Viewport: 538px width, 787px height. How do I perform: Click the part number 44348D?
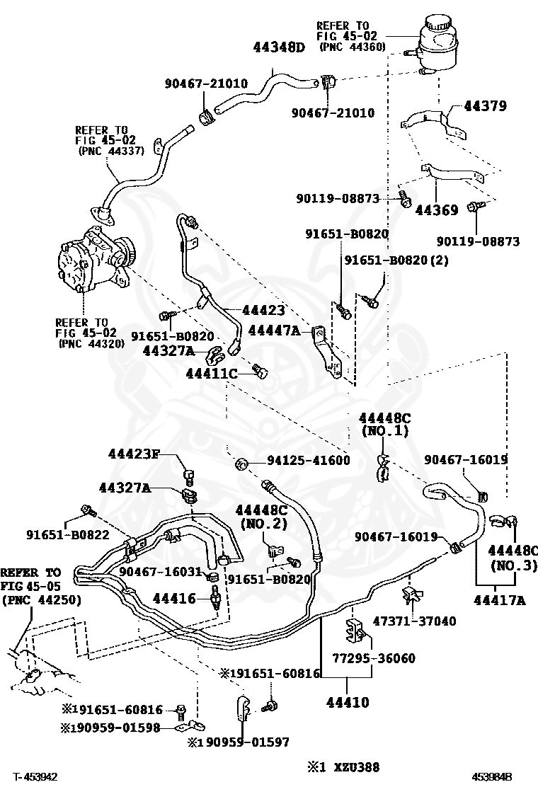coord(279,48)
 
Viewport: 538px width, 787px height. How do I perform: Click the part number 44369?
coord(437,210)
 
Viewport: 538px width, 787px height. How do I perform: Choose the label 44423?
coord(263,310)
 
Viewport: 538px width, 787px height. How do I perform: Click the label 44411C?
coord(211,373)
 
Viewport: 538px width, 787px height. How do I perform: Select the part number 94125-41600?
coord(308,461)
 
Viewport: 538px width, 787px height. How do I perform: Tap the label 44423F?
coord(138,454)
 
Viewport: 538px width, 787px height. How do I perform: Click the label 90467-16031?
coord(161,571)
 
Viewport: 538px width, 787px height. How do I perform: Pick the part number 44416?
coord(174,599)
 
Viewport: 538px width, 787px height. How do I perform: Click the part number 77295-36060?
coord(385,658)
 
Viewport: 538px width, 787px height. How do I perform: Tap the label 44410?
coord(347,703)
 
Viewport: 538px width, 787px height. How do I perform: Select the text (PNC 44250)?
coord(40,599)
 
